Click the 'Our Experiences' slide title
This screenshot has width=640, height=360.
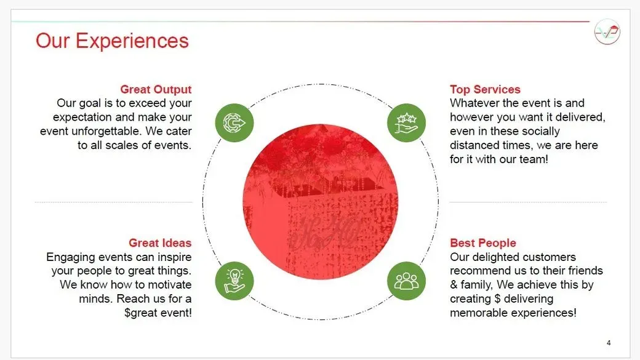click(112, 41)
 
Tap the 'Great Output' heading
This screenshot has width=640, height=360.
click(156, 89)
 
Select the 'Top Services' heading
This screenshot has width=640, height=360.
click(485, 89)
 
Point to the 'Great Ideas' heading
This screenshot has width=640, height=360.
click(160, 243)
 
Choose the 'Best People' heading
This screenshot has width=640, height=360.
click(483, 243)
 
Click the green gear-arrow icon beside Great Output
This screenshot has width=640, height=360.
click(234, 123)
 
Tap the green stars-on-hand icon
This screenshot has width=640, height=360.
click(406, 123)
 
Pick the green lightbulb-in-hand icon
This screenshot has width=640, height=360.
click(234, 281)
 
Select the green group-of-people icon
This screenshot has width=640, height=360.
click(406, 281)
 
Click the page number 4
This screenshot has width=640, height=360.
click(609, 343)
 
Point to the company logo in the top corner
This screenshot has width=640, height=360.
click(607, 32)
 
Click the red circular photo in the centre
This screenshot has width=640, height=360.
click(321, 202)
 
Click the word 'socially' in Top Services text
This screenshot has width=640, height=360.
click(540, 132)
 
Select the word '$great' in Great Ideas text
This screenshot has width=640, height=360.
click(141, 313)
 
